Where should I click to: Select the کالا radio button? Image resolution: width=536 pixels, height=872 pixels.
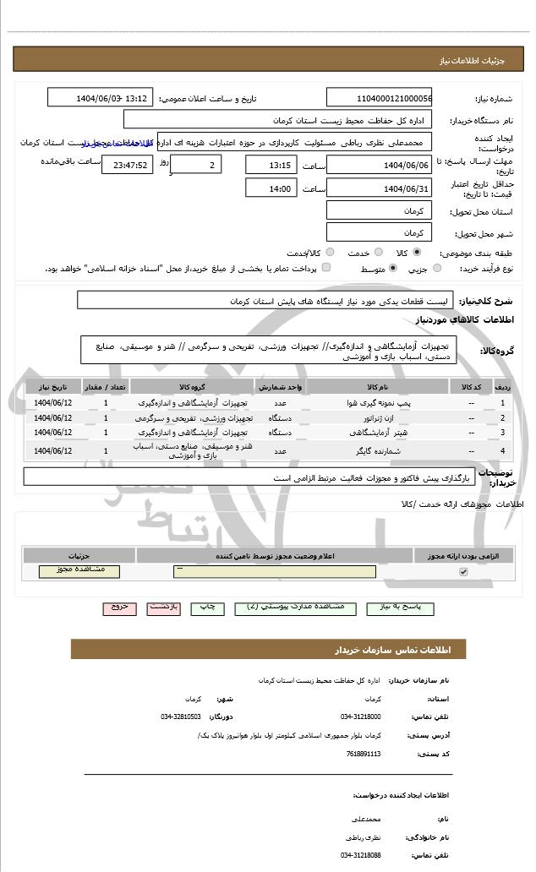point(417,253)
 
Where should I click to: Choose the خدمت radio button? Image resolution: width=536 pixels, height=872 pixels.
point(377,253)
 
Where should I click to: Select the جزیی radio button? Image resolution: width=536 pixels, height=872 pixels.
point(436,269)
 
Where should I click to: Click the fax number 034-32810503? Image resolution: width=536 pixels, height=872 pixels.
point(180,717)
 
